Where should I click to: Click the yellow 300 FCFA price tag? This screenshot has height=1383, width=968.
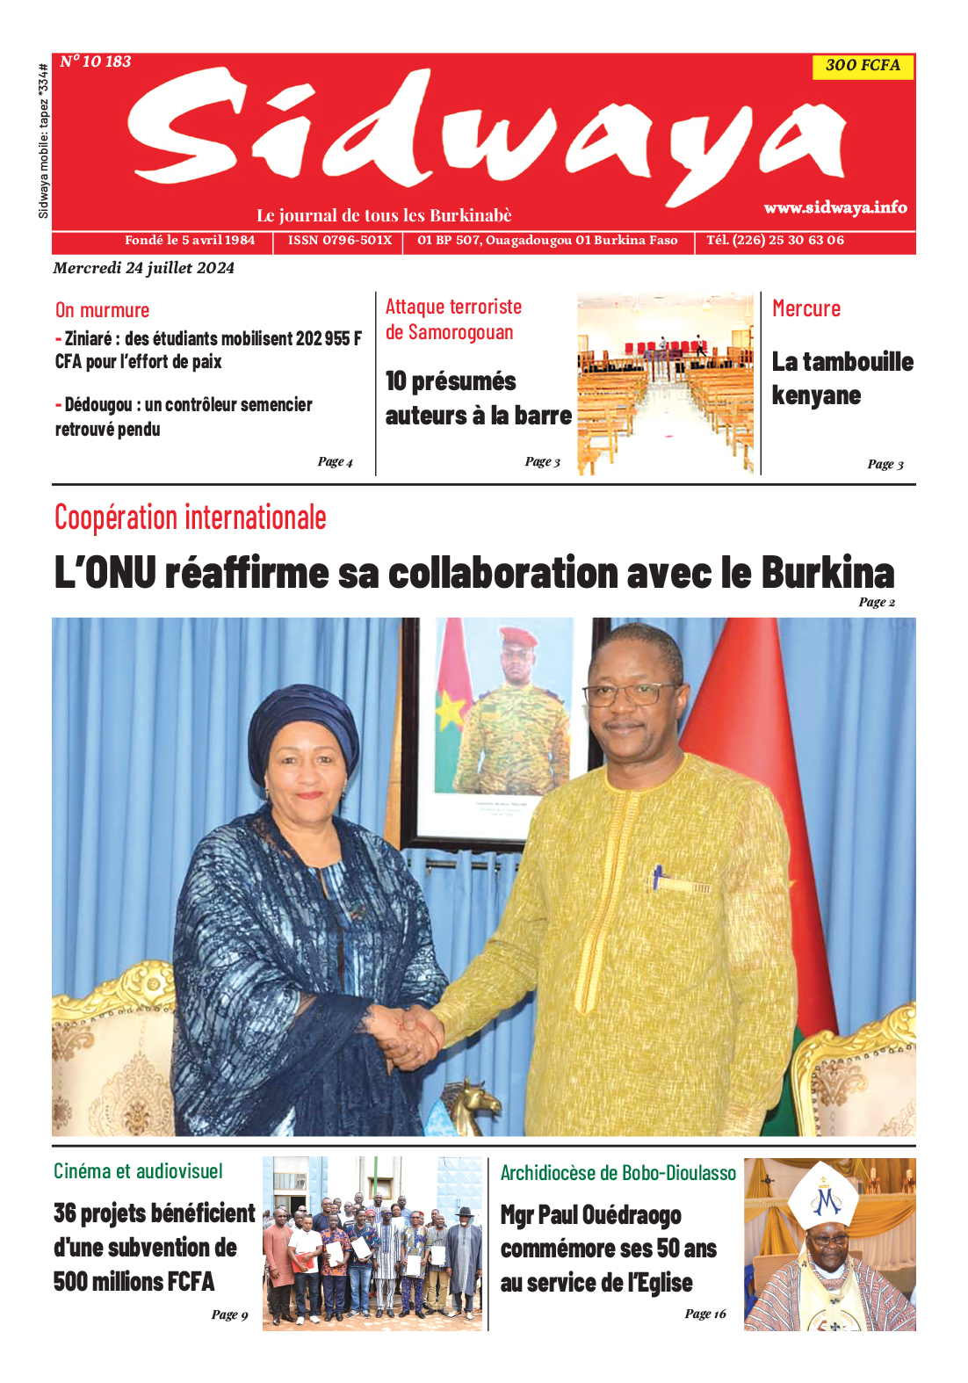(x=863, y=66)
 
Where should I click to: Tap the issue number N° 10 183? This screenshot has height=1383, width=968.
(x=96, y=62)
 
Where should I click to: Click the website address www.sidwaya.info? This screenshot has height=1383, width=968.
(x=834, y=207)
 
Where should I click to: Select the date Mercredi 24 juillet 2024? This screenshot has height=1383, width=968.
(x=143, y=268)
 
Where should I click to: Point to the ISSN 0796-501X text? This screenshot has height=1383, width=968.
(x=339, y=240)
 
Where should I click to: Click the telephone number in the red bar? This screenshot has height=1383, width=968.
(x=775, y=240)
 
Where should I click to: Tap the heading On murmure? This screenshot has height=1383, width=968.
(x=102, y=310)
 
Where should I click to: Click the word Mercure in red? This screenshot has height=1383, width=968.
(x=805, y=308)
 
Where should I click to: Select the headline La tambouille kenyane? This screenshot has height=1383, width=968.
(x=842, y=378)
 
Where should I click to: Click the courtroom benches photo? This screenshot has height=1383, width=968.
(x=665, y=383)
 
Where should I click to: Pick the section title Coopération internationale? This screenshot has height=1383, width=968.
(x=190, y=518)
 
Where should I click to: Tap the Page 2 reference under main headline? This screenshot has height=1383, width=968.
(x=876, y=602)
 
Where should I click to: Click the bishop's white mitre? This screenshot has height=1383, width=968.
(x=823, y=1196)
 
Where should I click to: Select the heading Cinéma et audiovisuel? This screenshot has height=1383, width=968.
(x=138, y=1171)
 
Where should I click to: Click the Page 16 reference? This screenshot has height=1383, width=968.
(x=705, y=1314)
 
